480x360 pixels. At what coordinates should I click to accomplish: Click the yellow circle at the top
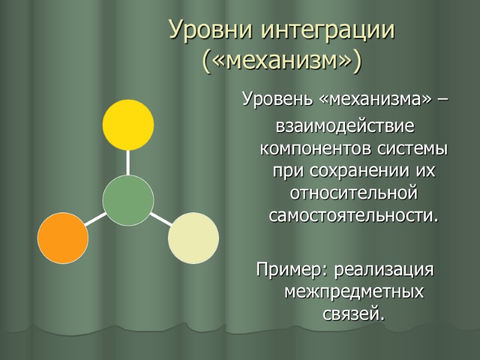coord(128,125)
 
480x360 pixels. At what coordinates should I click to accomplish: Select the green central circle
coord(128,200)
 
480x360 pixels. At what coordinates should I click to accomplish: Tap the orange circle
coord(63,238)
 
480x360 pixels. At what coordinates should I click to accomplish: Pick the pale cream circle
coord(193,238)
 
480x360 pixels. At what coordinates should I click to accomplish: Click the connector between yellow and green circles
coord(128,163)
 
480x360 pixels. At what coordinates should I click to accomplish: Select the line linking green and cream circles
coord(160,218)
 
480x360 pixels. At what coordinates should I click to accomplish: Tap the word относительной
coord(353,193)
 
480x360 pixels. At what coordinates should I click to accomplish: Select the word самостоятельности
coord(352,215)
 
